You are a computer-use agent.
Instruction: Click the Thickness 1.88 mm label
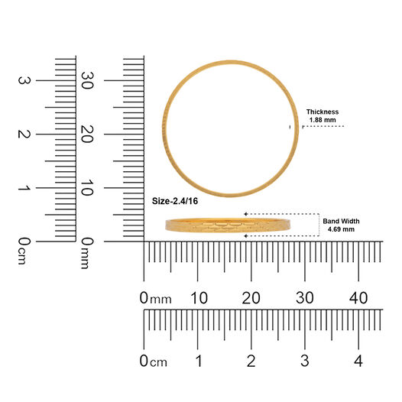click(323, 115)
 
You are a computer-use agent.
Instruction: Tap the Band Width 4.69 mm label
click(341, 225)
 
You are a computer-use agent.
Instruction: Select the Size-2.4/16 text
click(175, 201)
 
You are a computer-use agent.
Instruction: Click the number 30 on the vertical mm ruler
click(86, 80)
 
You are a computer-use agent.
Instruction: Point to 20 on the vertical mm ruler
click(86, 134)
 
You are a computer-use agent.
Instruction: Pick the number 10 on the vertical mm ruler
click(86, 187)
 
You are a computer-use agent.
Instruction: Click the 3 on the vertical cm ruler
click(24, 80)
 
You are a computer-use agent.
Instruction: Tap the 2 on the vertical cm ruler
click(24, 134)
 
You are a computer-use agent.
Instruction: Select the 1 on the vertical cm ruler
click(24, 188)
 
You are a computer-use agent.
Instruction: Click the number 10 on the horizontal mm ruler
click(199, 298)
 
